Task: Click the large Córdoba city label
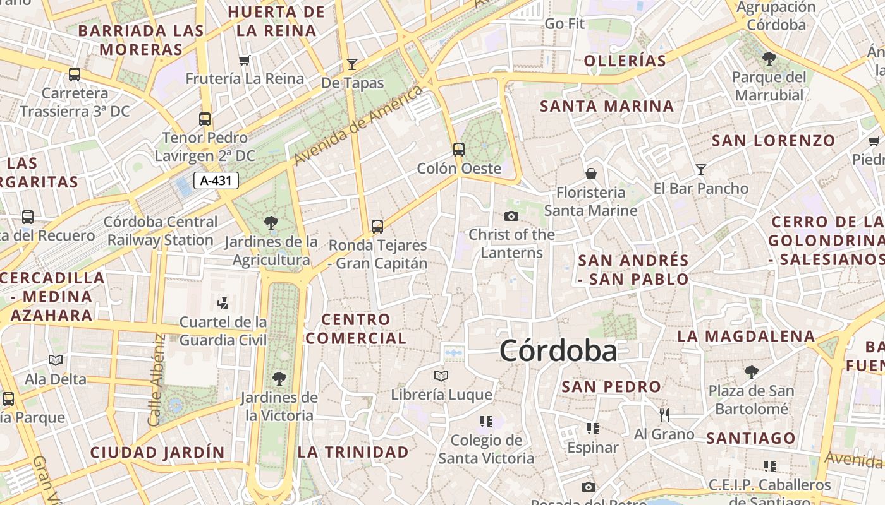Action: (558, 351)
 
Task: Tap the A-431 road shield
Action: (216, 181)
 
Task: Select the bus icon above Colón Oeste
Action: (459, 150)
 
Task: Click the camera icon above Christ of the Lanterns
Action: (511, 217)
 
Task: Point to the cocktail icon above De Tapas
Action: (352, 64)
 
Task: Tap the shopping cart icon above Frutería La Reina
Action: (245, 60)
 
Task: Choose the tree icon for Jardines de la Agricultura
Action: (271, 222)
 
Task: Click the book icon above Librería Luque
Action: (441, 376)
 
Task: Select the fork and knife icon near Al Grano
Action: (664, 415)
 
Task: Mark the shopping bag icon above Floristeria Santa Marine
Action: (591, 173)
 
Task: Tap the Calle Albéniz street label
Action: (156, 379)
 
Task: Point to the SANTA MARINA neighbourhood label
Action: (607, 106)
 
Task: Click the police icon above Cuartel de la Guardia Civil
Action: (223, 304)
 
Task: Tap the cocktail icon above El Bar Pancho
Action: (700, 169)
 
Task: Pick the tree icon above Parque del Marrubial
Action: (769, 59)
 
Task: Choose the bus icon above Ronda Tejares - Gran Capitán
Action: (377, 226)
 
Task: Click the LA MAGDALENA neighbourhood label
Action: (746, 336)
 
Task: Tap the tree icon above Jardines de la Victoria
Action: (279, 379)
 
